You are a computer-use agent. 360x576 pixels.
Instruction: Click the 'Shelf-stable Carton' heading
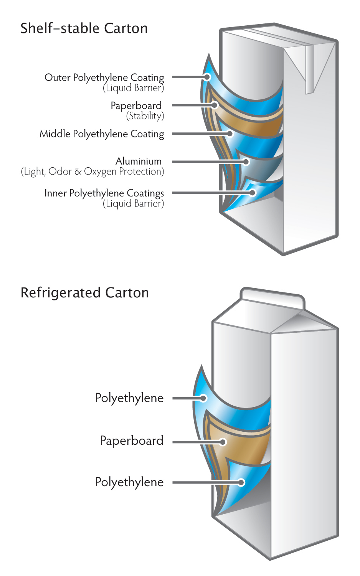pyautogui.click(x=84, y=28)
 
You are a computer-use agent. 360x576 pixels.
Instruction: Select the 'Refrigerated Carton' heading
pyautogui.click(x=84, y=293)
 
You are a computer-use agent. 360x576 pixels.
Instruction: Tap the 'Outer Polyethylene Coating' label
pyautogui.click(x=104, y=78)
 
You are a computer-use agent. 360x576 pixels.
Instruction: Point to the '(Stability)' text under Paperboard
pyautogui.click(x=145, y=116)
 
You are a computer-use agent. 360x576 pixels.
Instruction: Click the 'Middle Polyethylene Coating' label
pyautogui.click(x=102, y=134)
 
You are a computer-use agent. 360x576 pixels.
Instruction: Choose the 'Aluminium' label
pyautogui.click(x=138, y=161)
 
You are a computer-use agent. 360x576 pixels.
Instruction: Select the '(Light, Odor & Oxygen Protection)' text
pyautogui.click(x=92, y=172)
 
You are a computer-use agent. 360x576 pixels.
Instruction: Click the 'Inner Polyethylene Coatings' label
pyautogui.click(x=104, y=193)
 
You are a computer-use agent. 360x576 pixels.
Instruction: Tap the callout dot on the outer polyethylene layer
pyautogui.click(x=207, y=77)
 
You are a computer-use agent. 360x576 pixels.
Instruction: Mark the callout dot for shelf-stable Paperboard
pyautogui.click(x=215, y=105)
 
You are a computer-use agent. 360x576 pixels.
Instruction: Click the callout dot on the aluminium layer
pyautogui.click(x=246, y=162)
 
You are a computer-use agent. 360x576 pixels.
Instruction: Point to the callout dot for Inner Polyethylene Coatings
pyautogui.click(x=253, y=193)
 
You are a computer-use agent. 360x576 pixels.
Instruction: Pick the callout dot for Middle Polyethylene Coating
pyautogui.click(x=230, y=134)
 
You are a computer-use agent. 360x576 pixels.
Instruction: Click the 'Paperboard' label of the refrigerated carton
pyautogui.click(x=132, y=441)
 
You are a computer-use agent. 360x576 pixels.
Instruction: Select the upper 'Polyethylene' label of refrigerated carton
pyautogui.click(x=129, y=398)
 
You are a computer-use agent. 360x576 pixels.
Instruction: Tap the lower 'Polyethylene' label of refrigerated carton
pyautogui.click(x=129, y=482)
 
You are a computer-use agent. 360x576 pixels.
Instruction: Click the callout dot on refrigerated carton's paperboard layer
pyautogui.click(x=223, y=442)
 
